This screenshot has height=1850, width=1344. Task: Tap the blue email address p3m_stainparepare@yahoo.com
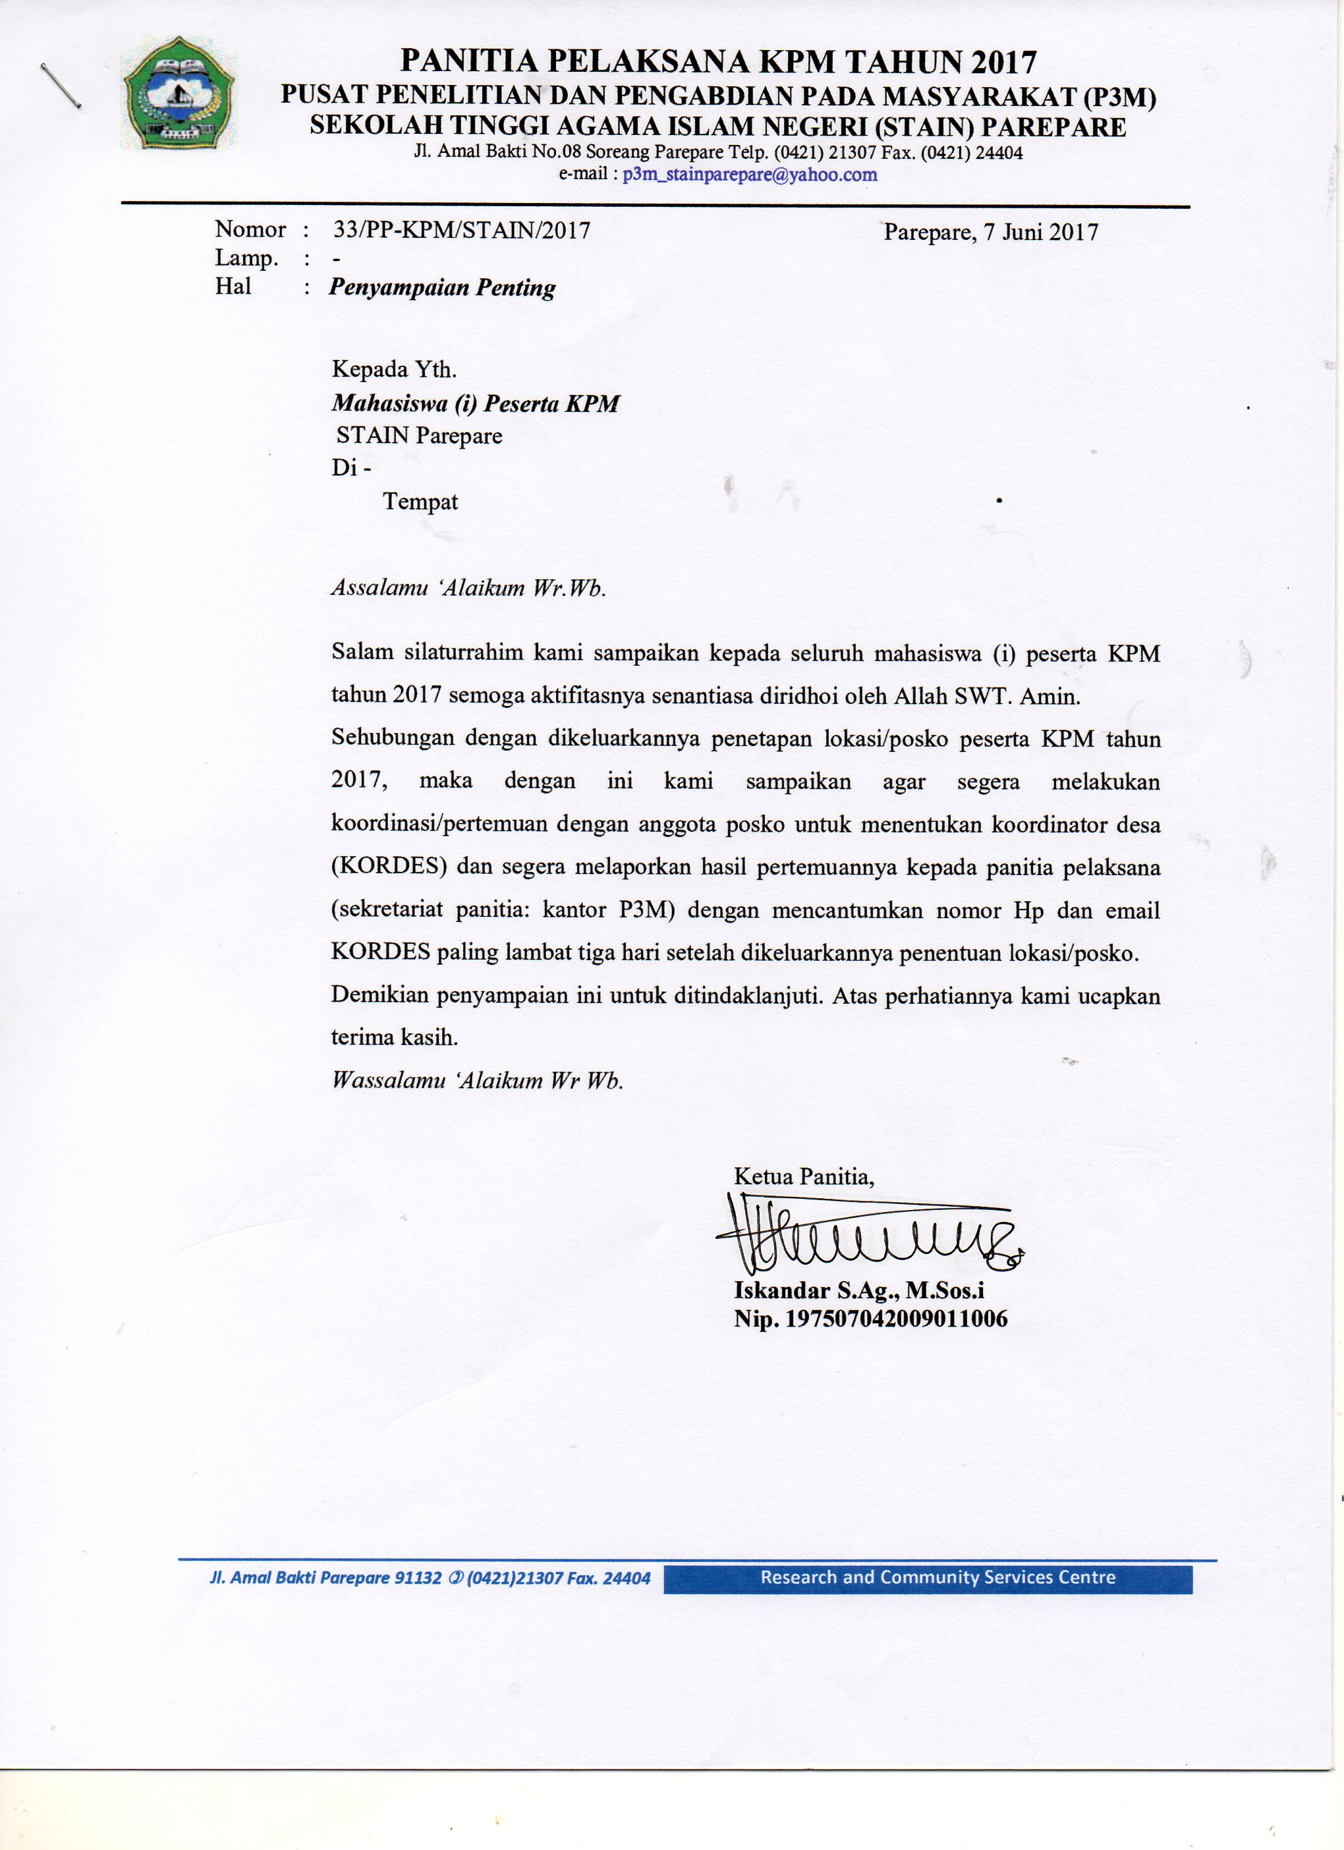(750, 174)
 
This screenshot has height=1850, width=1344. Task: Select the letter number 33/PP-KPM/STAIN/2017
(462, 230)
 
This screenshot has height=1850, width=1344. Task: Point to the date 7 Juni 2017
(1041, 233)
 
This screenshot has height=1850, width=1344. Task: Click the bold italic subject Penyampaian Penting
(442, 287)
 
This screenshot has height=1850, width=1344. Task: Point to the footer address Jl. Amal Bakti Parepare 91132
(313, 1578)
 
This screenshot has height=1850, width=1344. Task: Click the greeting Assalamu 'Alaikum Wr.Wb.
(468, 589)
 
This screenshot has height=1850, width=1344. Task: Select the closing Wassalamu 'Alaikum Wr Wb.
(477, 1081)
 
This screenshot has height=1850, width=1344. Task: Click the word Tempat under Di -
(420, 502)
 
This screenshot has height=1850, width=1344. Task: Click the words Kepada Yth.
(394, 370)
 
